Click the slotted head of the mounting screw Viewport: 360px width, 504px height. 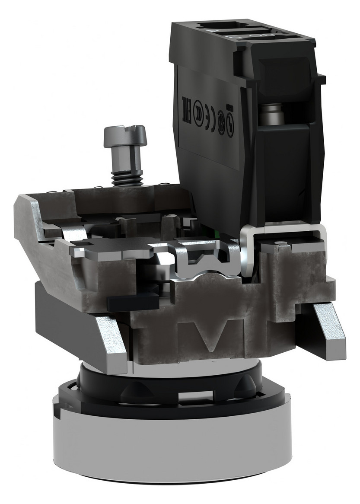(x=125, y=135)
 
